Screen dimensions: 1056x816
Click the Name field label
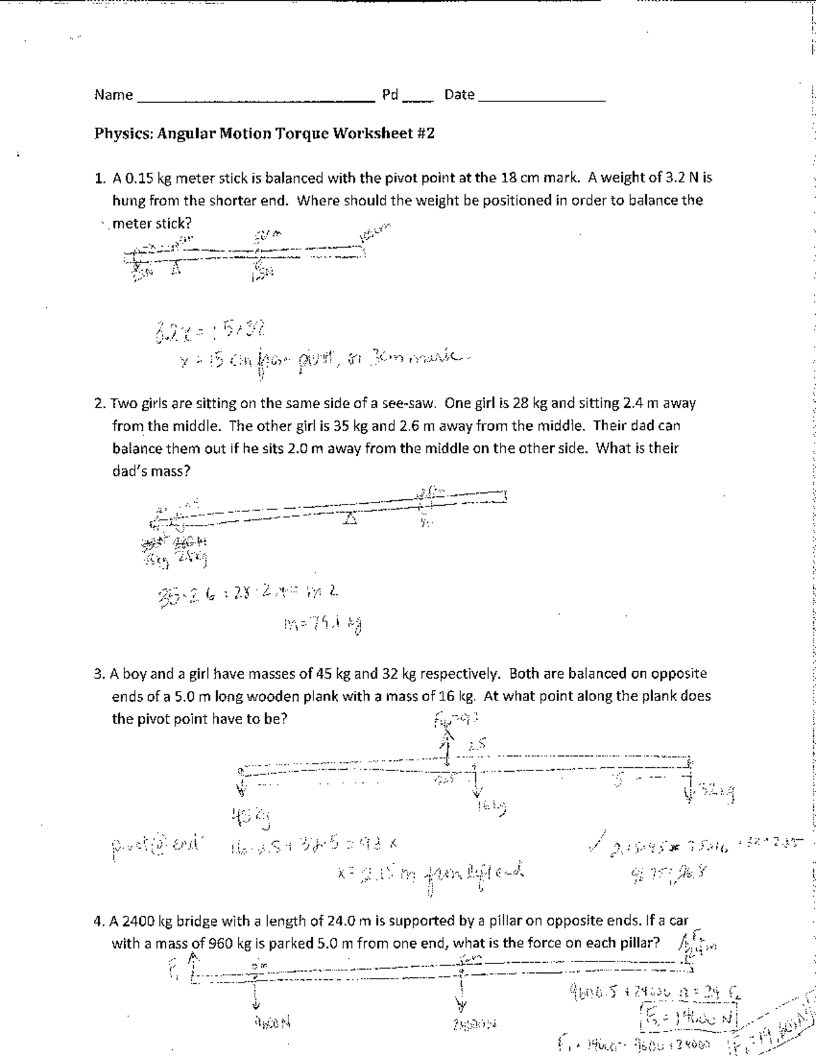pyautogui.click(x=114, y=95)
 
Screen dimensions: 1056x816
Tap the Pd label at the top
pyautogui.click(x=390, y=95)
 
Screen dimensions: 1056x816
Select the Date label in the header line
pyautogui.click(x=459, y=95)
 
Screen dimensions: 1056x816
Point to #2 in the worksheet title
pyautogui.click(x=424, y=133)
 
